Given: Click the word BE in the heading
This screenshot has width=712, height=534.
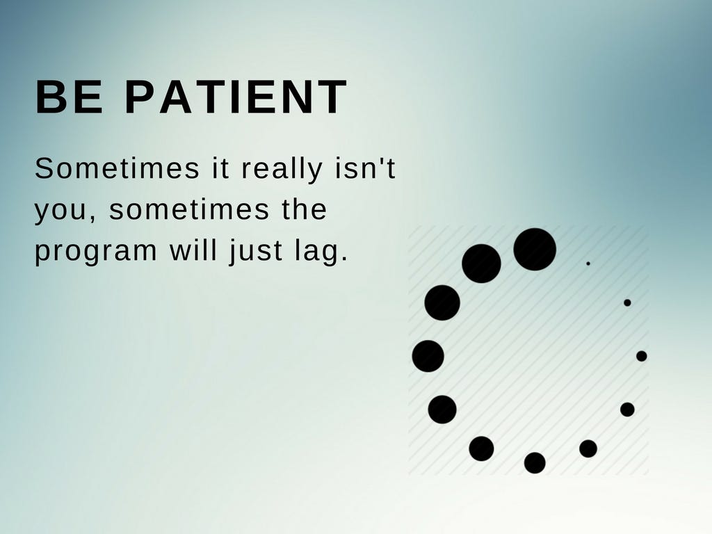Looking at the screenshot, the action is (69, 96).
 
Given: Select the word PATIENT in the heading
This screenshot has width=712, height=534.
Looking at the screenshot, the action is (236, 96).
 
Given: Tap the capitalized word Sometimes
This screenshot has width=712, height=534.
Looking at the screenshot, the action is (117, 168).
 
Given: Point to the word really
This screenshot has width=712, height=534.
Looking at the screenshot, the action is (282, 170).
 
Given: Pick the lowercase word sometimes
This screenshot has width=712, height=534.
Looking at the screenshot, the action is (189, 209).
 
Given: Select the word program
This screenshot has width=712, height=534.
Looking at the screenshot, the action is (96, 252).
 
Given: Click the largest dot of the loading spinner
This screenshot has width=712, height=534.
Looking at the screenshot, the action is (535, 250).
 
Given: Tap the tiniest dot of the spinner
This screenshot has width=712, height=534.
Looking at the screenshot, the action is (588, 264).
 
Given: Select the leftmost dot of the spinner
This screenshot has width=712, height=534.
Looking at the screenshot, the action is (428, 356).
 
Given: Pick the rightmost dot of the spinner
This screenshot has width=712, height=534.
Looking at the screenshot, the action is (642, 356).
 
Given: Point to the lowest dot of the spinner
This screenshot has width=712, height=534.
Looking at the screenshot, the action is (535, 462).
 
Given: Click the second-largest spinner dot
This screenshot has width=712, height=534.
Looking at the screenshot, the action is (481, 264).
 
